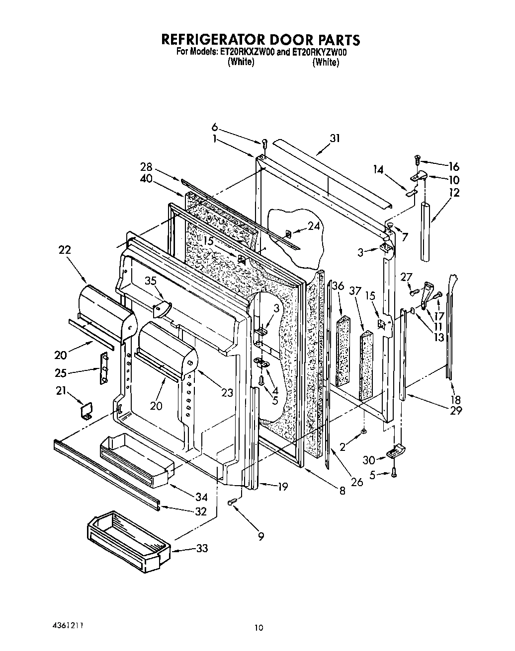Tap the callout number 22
coord(65,250)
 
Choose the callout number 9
coord(261,536)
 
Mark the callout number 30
coord(368,460)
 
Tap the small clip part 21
coord(86,412)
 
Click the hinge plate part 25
coord(104,368)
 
